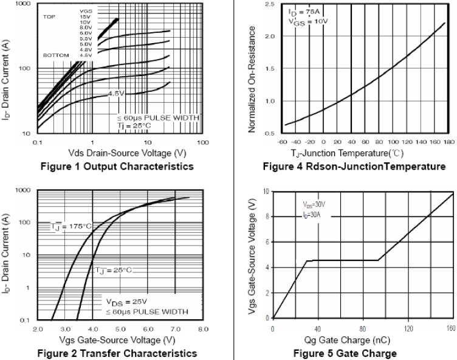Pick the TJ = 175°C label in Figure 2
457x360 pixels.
point(71,227)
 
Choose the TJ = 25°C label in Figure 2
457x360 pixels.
point(113,269)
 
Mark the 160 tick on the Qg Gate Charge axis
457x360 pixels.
point(450,328)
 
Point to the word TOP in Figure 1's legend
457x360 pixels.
point(48,17)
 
